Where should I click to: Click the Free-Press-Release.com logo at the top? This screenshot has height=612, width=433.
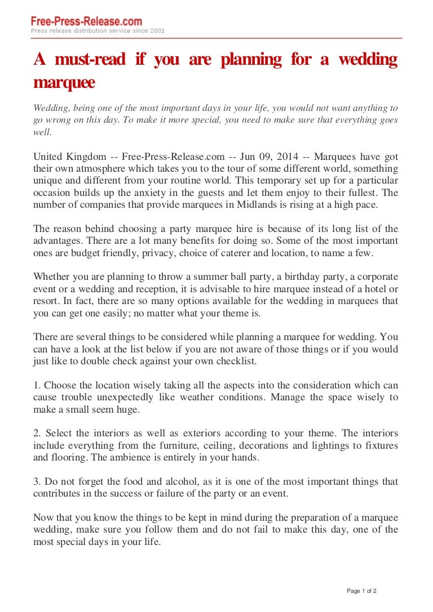(x=86, y=21)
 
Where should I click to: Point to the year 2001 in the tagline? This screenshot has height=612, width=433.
(x=157, y=31)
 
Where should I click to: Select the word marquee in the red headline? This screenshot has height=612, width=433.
(x=64, y=82)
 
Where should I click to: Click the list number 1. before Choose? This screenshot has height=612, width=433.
(x=37, y=386)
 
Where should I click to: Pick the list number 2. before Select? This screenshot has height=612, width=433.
(x=37, y=434)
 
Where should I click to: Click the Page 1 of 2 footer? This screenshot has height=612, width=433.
(x=361, y=591)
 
